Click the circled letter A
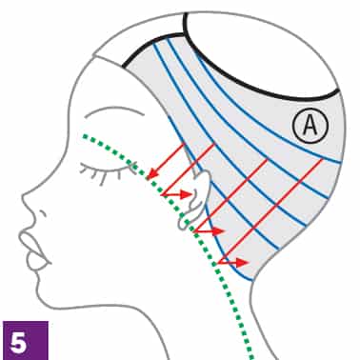pos(310,126)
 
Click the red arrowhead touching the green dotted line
pos(152,173)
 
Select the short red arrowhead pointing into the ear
pos(186,194)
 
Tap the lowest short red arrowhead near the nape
pos(243,262)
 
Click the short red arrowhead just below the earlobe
pos(218,231)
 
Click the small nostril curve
pos(44,214)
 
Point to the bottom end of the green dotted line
pos(252,357)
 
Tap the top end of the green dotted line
pos(85,136)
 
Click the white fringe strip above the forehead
pos(140,38)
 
